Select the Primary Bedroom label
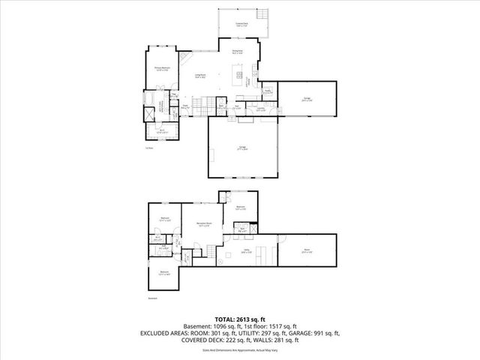(x=161, y=69)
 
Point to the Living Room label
(x=201, y=76)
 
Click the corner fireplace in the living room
(x=187, y=58)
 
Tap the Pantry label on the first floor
(x=267, y=91)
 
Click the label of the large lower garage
(x=242, y=149)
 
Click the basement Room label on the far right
(x=307, y=251)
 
